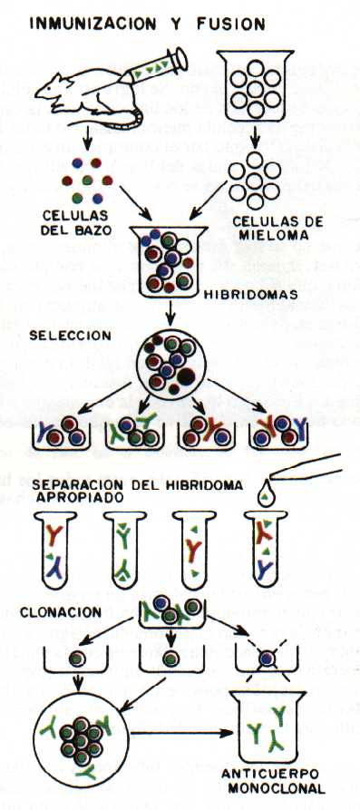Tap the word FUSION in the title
click(231, 24)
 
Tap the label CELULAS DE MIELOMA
click(277, 229)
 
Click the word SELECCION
click(70, 336)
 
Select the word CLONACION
click(61, 612)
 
